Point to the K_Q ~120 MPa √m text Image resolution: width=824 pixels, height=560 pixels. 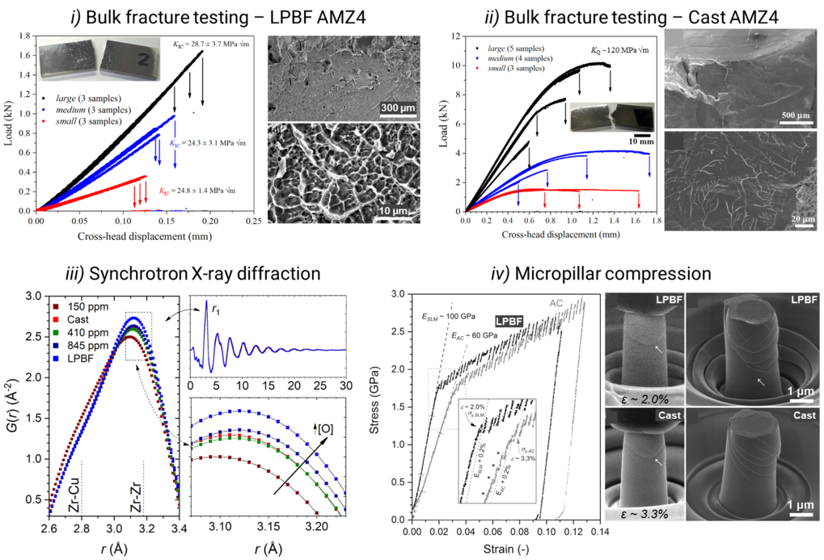coord(618,49)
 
